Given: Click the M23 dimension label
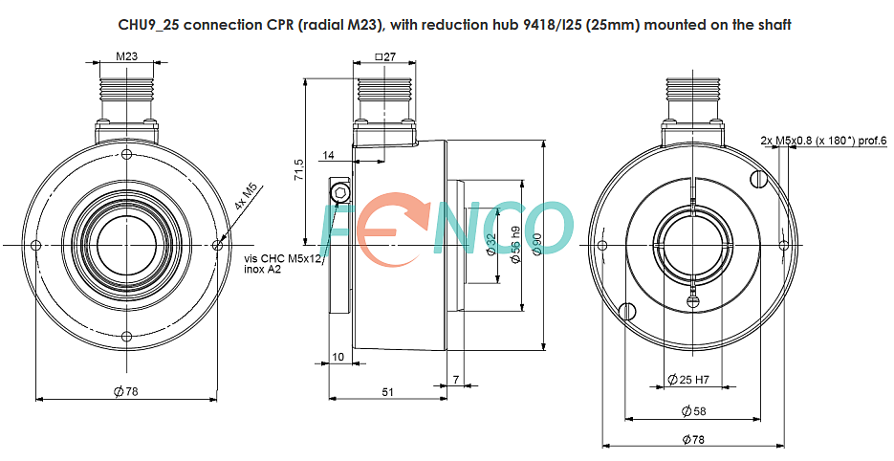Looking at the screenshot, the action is (126, 56).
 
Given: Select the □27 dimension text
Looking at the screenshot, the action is (385, 56).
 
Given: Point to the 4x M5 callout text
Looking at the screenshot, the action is (247, 197).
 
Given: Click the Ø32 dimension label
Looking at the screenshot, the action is (492, 246).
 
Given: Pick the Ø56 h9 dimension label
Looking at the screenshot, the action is (515, 245).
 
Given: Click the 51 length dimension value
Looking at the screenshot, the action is (387, 392).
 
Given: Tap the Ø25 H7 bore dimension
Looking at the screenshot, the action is (688, 379).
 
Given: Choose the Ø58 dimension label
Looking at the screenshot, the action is (694, 411).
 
